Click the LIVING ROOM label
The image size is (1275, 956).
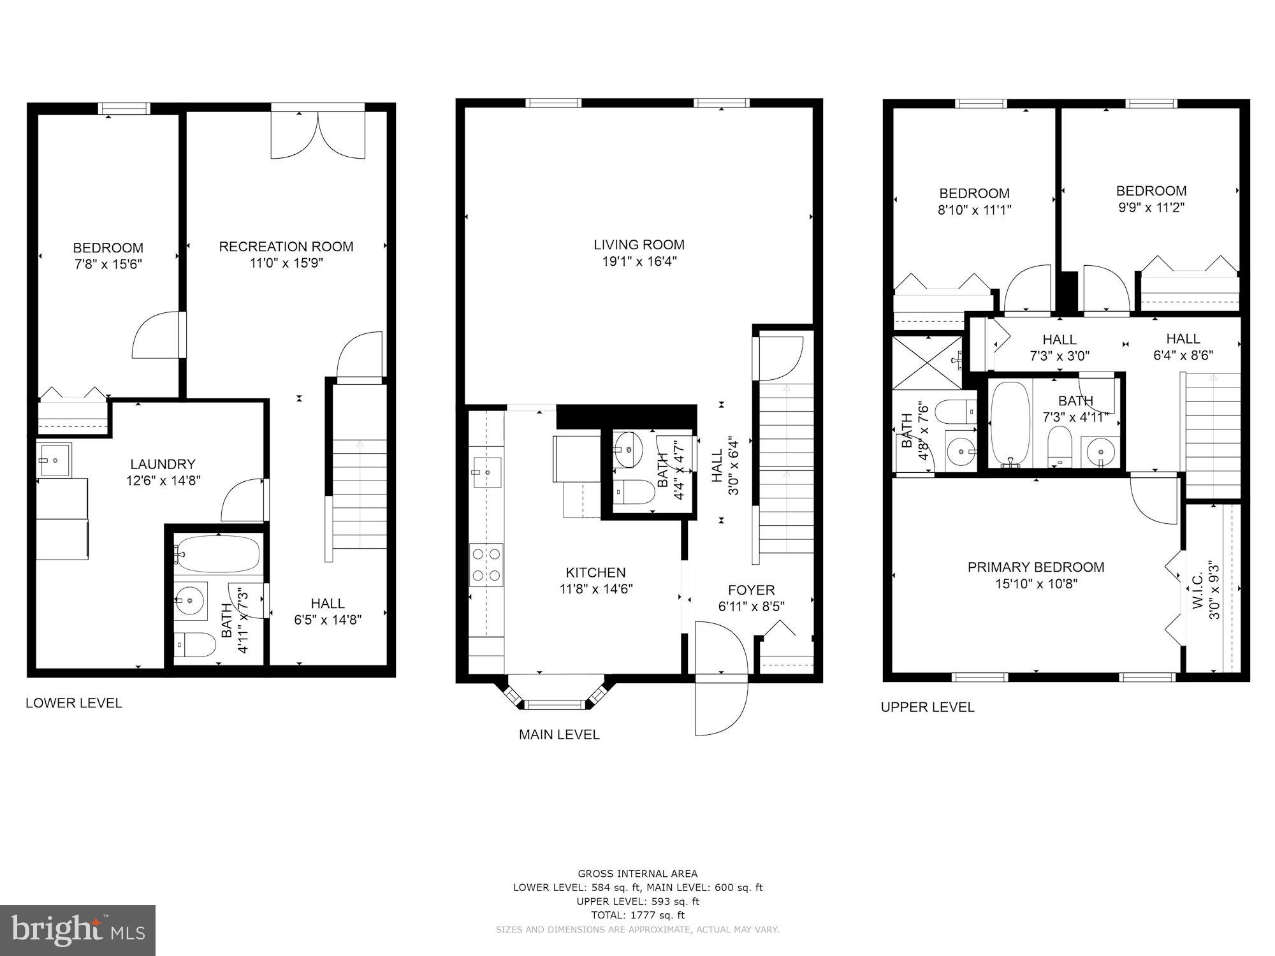pos(639,245)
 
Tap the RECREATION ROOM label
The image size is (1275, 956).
pos(286,247)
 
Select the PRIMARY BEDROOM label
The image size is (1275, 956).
pos(1036,567)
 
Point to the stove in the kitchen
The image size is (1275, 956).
pos(486,565)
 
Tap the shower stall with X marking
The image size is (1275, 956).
pos(927,361)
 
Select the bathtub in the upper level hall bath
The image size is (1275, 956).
pos(1010,424)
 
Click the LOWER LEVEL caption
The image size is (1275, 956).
pos(74,703)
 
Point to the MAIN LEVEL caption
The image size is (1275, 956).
pos(559,734)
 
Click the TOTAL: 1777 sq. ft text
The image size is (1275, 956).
pos(637,915)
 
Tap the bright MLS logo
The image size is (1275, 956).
pos(78,931)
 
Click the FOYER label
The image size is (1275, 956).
pos(751,590)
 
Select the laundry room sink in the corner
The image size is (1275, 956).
pos(54,460)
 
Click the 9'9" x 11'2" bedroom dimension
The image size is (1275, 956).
pos(1151,207)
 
